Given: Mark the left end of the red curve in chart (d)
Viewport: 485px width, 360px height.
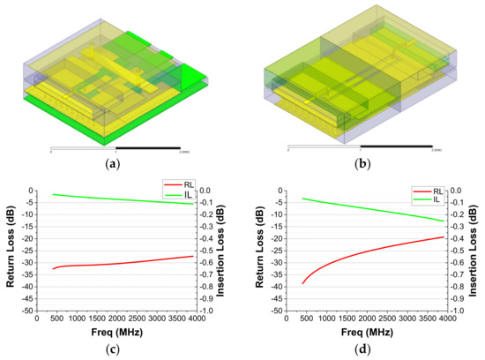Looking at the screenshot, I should click(x=302, y=283).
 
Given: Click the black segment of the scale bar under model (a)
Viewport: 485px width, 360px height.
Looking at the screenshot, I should click(x=148, y=147).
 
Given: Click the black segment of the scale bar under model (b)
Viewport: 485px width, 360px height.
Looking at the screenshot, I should click(x=396, y=147).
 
